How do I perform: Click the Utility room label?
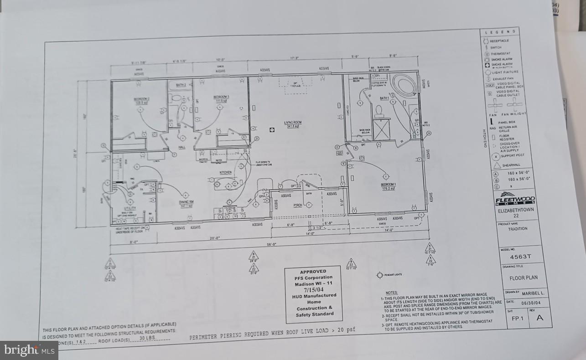tap(130, 208)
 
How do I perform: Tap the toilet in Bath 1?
tap(379, 110)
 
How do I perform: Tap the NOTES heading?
tap(391, 293)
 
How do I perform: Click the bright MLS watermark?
tap(29, 350)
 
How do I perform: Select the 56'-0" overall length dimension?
tap(271, 245)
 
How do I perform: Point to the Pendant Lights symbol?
tap(379, 275)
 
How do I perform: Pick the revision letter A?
tap(539, 319)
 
